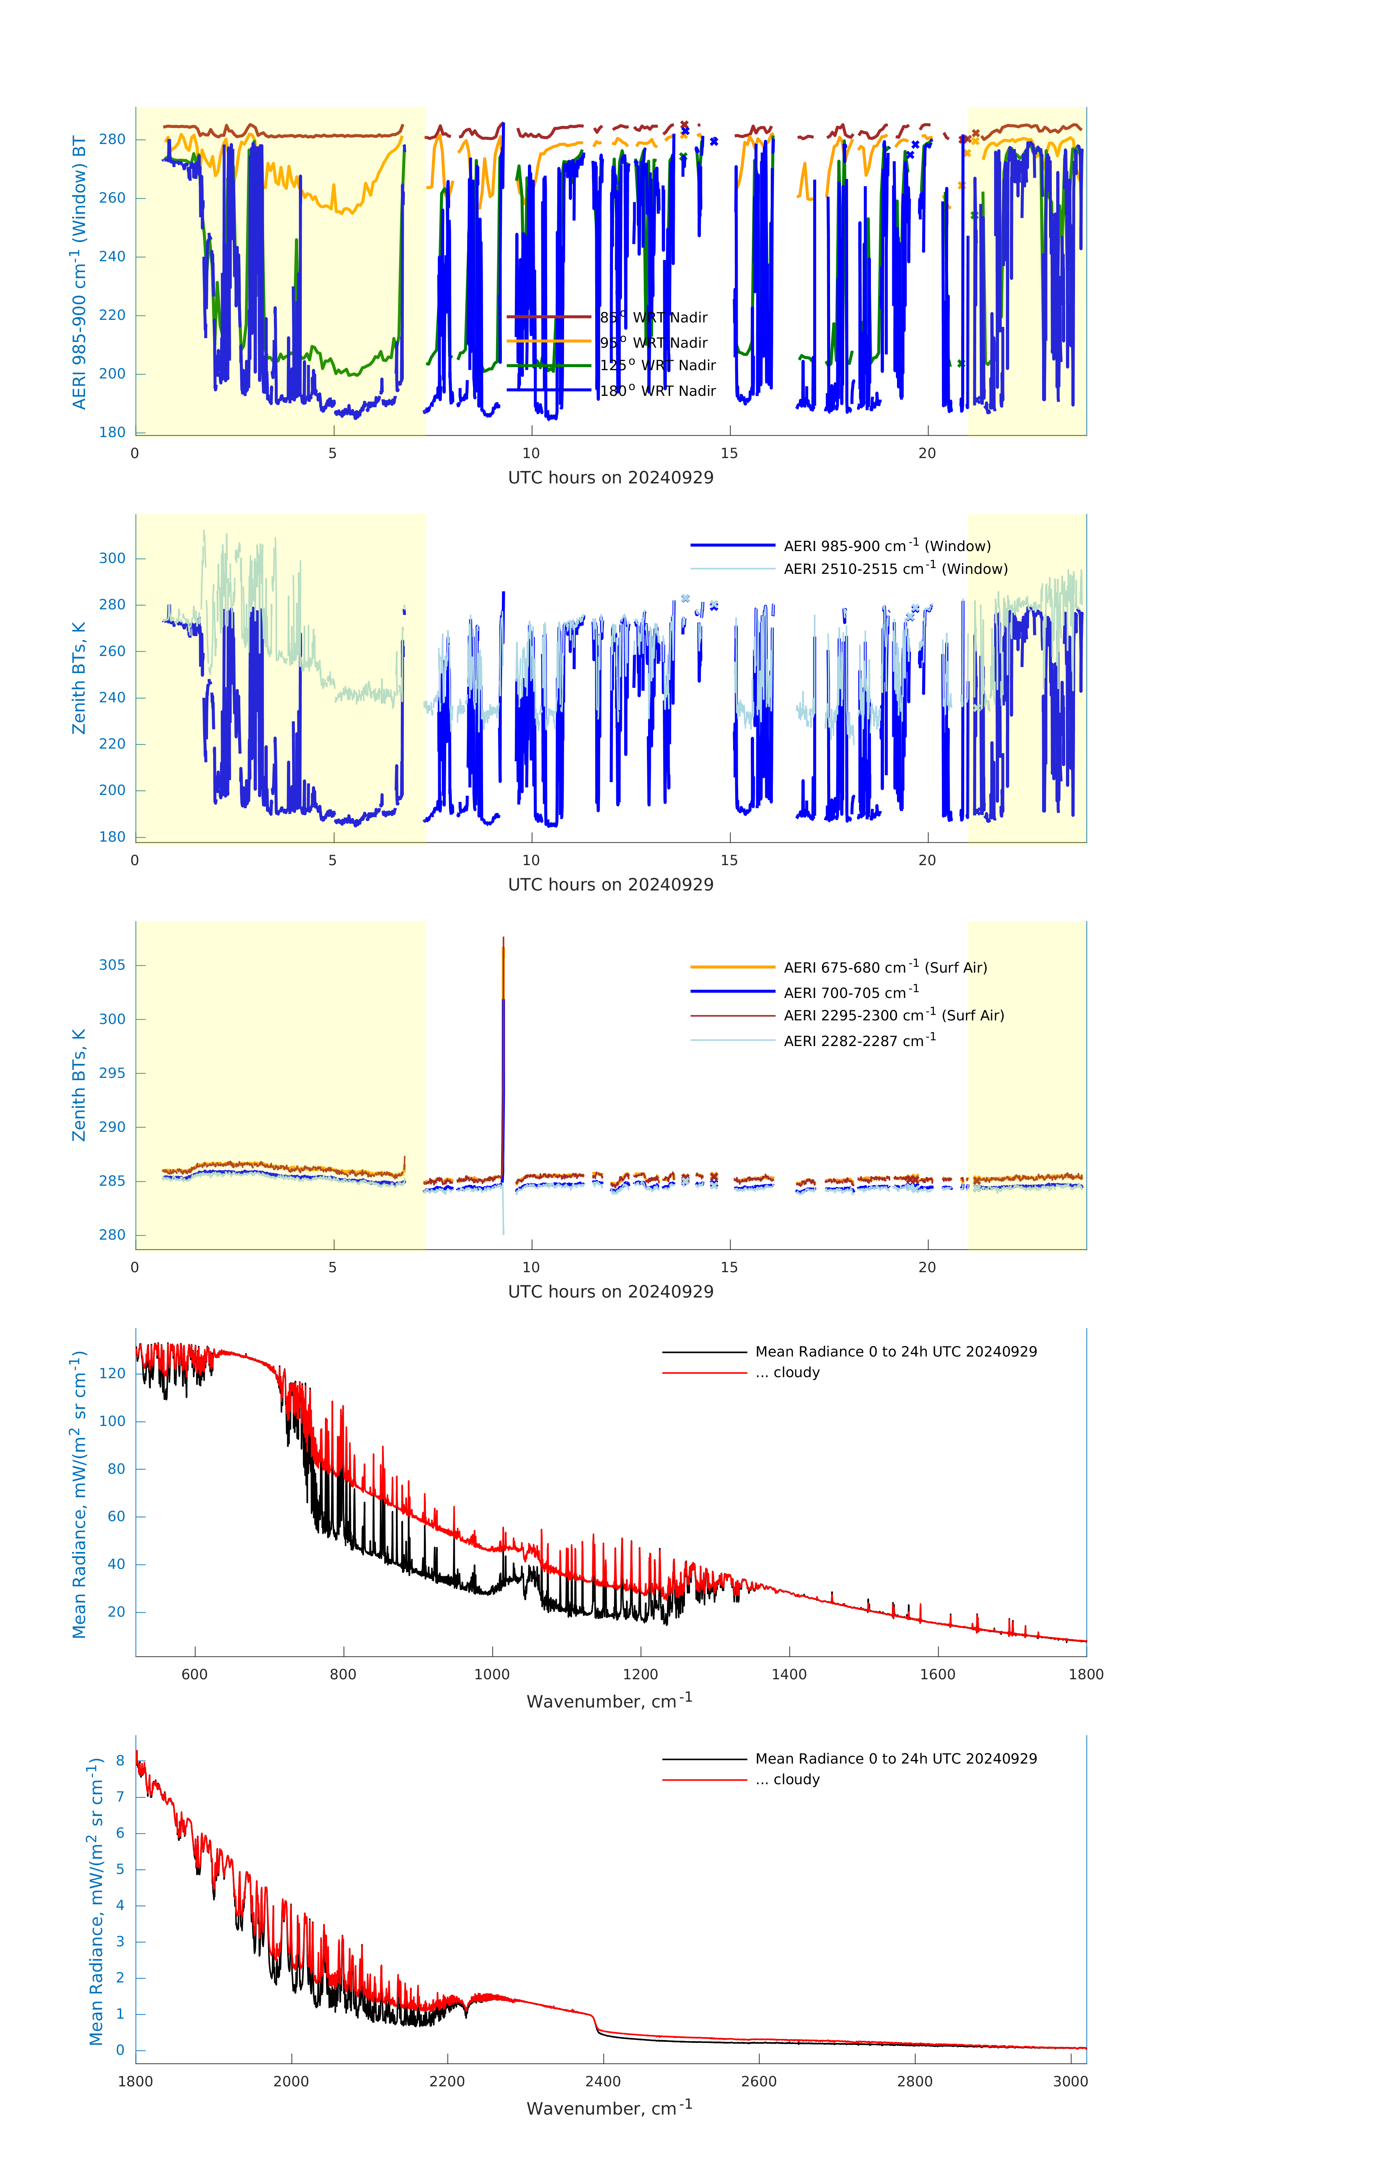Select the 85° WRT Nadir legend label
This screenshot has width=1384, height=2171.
pos(654,317)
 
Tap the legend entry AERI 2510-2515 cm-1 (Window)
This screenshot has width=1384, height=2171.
pos(895,569)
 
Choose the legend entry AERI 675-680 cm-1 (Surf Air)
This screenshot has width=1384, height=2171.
pos(885,968)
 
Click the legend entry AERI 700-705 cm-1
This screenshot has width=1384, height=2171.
pos(850,993)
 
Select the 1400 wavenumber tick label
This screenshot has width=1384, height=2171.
pos(789,1674)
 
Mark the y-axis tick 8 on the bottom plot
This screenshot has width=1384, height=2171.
pos(120,1761)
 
